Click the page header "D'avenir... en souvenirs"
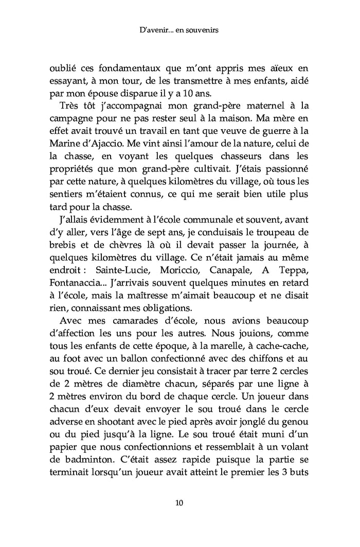[x=179, y=31]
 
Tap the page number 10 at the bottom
[x=179, y=502]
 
